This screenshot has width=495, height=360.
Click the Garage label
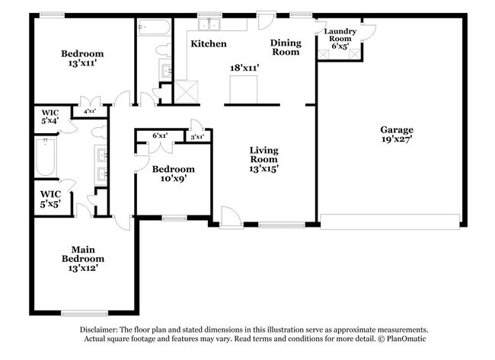click(x=397, y=130)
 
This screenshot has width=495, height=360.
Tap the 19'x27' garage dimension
click(x=397, y=140)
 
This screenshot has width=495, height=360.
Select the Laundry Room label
click(x=339, y=35)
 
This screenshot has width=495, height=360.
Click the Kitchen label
click(x=208, y=44)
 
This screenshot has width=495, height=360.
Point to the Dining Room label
click(x=286, y=47)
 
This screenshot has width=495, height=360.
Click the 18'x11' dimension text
click(x=246, y=68)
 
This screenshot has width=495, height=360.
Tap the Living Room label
click(x=263, y=155)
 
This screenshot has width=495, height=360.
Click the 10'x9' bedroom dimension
click(x=172, y=179)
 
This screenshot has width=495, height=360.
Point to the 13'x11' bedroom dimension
click(x=82, y=65)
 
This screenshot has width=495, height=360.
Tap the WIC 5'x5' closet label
click(x=49, y=199)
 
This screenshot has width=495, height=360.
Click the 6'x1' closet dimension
click(x=160, y=135)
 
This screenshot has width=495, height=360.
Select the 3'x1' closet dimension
click(x=196, y=137)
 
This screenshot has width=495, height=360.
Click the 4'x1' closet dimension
click(x=89, y=112)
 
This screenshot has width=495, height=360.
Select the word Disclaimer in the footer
click(x=101, y=329)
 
